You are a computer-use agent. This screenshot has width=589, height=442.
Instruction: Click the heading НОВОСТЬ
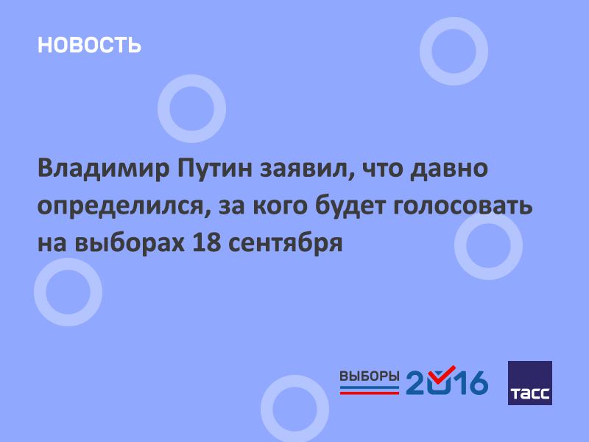coord(89,45)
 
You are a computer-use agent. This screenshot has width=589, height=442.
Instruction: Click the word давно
coord(449,169)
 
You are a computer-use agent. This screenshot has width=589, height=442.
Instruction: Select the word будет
coord(350,206)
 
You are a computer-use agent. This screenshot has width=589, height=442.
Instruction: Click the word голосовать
coord(463,206)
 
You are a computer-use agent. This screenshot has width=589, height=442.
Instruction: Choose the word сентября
coord(285,243)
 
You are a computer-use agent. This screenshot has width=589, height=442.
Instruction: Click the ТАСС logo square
coord(529,383)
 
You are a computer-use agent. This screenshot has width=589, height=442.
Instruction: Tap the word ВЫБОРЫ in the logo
coord(370,376)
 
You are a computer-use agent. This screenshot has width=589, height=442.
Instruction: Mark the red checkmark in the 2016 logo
coord(444,373)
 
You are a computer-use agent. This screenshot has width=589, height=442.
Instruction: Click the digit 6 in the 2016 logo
coord(476,382)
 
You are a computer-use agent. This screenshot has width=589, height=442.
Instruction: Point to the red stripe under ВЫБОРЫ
coord(370,393)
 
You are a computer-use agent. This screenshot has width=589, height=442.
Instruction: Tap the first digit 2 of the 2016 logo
coord(417,382)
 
